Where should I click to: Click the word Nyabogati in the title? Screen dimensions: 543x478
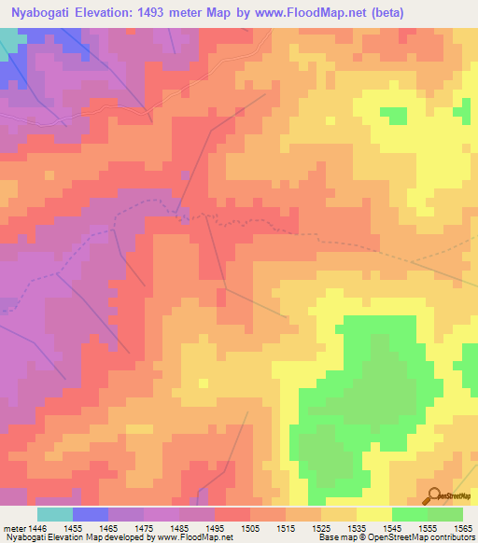click(x=38, y=12)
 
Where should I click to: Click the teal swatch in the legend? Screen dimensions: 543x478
click(x=55, y=514)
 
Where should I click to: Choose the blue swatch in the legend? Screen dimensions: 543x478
click(x=91, y=514)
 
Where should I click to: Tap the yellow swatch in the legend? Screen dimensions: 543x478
click(x=373, y=514)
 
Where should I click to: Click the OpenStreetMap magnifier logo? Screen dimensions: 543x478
click(x=434, y=495)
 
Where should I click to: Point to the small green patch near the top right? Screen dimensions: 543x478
click(x=395, y=115)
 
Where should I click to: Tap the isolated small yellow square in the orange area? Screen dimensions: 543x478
click(x=203, y=383)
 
